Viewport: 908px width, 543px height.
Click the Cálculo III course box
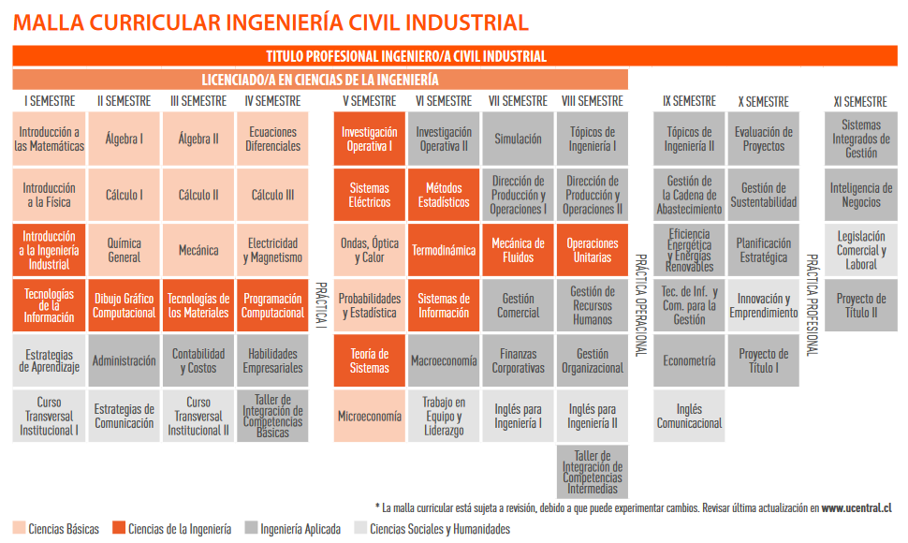pyautogui.click(x=272, y=195)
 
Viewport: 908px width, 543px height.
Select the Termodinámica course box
pyautogui.click(x=444, y=250)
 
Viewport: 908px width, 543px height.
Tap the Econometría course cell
pyautogui.click(x=689, y=360)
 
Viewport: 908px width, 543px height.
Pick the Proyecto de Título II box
pyautogui.click(x=861, y=305)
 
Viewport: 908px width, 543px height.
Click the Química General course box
pyautogui.click(x=124, y=250)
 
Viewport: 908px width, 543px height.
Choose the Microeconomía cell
pyautogui.click(x=370, y=416)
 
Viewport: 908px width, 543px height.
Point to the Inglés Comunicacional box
pyautogui.click(x=689, y=416)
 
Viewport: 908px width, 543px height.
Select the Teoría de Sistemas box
pyautogui.click(x=370, y=360)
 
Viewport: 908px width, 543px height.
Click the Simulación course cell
pyautogui.click(x=518, y=139)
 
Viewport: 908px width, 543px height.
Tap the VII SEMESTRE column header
pyautogui.click(x=518, y=101)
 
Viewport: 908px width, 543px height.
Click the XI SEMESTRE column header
pyautogui.click(x=860, y=102)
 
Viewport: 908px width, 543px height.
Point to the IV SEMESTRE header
pyautogui.click(x=272, y=101)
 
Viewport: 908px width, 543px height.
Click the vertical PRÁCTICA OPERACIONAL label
pyautogui.click(x=640, y=304)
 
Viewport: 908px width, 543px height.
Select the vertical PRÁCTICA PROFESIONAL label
pyautogui.click(x=813, y=304)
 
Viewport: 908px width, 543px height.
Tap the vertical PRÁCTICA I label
pyautogui.click(x=321, y=305)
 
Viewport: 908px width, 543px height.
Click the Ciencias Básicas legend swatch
pyautogui.click(x=19, y=527)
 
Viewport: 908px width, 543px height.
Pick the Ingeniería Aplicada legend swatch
pyautogui.click(x=251, y=527)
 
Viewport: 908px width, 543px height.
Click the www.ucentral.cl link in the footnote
pyautogui.click(x=857, y=508)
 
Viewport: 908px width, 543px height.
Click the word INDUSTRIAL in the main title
pyautogui.click(x=467, y=22)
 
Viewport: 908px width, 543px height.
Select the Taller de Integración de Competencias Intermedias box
pyautogui.click(x=592, y=472)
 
